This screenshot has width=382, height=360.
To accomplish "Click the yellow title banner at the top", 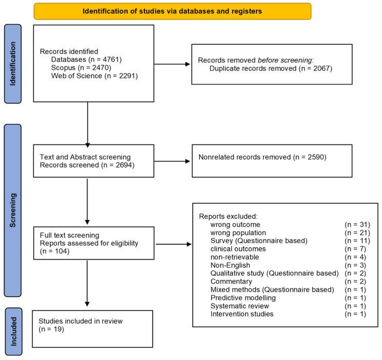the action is point(173,11).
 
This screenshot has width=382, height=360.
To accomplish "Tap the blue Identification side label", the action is point(13,64).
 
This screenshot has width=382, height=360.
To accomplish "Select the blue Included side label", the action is point(14,331).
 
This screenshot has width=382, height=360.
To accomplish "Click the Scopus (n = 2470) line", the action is point(81,68).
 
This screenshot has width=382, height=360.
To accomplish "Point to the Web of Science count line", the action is point(94,76).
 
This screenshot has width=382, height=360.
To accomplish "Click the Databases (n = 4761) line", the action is point(86,59).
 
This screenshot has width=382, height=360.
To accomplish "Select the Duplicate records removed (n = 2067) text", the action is point(271,69).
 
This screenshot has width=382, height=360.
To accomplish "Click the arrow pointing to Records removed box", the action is point(172,64).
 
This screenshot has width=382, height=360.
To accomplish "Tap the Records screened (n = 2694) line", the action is point(87,165).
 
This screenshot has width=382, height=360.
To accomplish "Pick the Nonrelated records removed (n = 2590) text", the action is point(262,157).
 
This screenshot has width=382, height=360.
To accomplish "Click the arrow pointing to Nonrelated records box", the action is point(172,161).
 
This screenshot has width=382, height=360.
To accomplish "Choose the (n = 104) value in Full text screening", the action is point(55,251).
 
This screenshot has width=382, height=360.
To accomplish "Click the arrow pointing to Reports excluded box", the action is point(174,244).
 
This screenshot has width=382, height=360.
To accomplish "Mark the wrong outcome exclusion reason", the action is point(236,225).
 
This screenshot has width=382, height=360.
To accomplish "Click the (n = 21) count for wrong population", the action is point(357,233).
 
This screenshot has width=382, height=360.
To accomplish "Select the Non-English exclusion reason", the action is point(230,265).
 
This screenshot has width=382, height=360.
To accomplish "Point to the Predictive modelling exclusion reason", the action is point(243,298).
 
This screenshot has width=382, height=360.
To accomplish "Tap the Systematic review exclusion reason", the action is point(240,306).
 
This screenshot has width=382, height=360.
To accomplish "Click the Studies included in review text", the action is point(80,321).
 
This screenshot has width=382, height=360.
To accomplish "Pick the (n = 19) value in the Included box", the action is point(51,329).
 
